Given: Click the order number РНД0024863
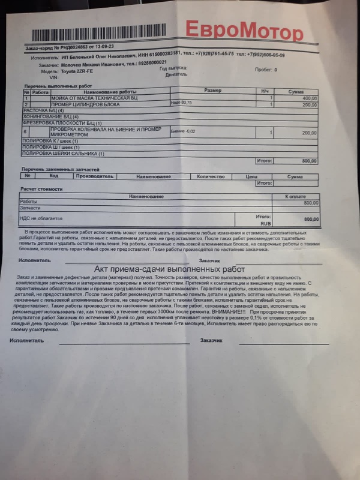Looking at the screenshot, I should pos(71,46).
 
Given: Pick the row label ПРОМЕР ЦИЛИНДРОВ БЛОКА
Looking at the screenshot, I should pos(85,104).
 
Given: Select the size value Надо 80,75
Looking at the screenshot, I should pos(182,103).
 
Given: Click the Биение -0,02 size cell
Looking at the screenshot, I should pos(184,130).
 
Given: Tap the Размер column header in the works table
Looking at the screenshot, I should pos(213,91).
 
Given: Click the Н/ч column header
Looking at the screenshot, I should pos(265,91).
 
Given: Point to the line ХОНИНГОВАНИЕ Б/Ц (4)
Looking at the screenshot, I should pos(51,116).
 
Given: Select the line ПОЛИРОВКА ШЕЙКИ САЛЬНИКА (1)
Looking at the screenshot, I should pos(64,154).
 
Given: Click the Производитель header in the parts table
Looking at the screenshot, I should pos(94,176).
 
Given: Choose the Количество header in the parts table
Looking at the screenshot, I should pos(210,176).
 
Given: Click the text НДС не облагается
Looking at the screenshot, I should pos(42,218).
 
